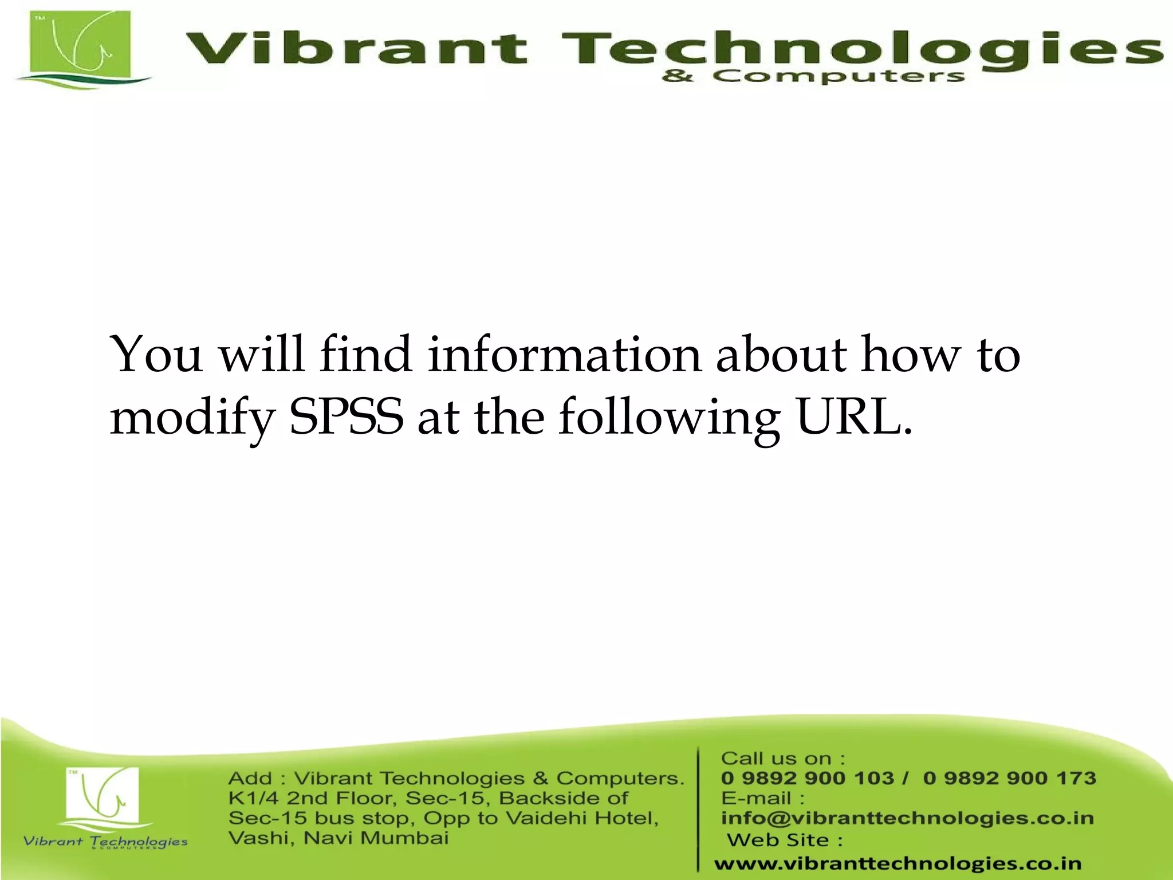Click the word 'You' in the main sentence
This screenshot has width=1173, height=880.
click(156, 355)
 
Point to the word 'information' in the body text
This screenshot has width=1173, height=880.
click(564, 355)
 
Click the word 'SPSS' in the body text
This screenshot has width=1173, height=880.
click(346, 417)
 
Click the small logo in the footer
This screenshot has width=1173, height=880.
click(104, 799)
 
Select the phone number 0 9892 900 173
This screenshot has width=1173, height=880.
click(1009, 778)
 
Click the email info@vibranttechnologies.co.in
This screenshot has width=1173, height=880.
click(907, 818)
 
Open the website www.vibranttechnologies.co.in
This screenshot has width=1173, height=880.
click(898, 863)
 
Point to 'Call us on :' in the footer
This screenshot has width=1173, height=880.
click(783, 759)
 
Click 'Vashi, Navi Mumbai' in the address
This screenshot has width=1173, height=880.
click(338, 838)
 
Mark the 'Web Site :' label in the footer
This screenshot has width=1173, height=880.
click(785, 840)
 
